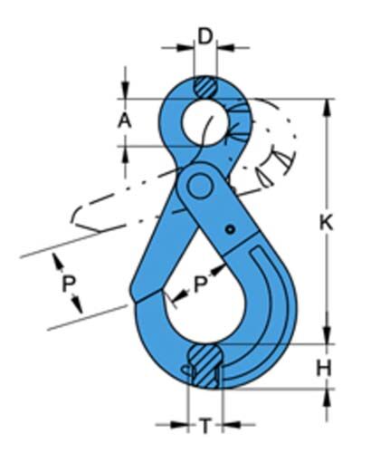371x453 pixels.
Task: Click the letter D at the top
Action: [x=206, y=37]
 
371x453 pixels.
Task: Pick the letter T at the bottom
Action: [x=205, y=425]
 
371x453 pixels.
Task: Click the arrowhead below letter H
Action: [x=327, y=395]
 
